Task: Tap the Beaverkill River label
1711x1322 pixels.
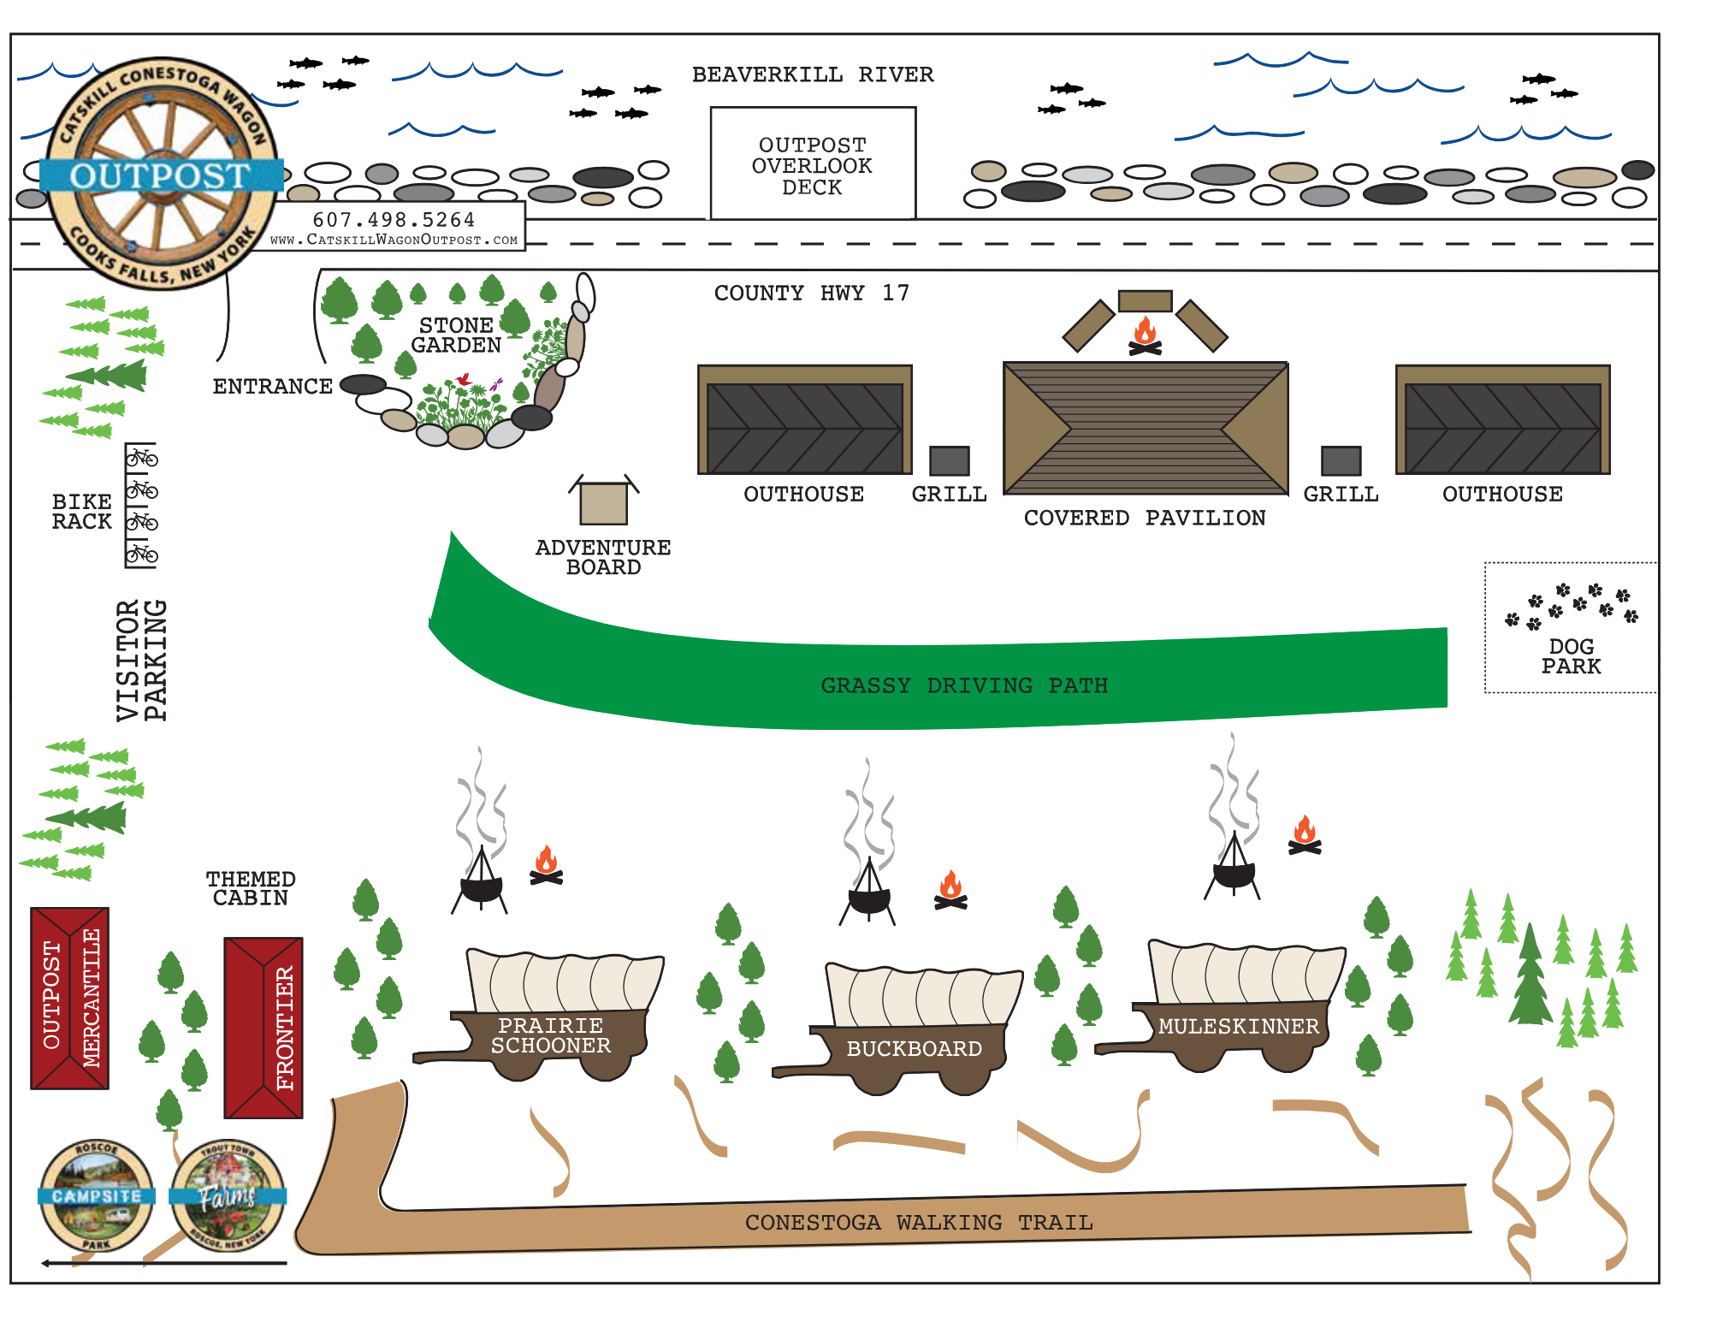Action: point(813,75)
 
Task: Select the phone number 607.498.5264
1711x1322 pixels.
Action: point(394,220)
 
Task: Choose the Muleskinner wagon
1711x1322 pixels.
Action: point(1236,1005)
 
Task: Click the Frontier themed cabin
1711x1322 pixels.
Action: point(263,1028)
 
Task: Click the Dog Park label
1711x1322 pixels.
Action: point(1571,656)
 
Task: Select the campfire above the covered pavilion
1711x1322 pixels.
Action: point(1145,335)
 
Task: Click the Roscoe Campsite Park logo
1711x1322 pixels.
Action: point(96,1195)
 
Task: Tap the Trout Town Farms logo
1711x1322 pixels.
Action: point(228,1195)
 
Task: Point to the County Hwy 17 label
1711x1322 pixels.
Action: point(811,293)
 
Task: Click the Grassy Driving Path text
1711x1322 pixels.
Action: point(964,685)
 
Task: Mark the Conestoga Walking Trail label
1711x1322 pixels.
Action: point(919,1223)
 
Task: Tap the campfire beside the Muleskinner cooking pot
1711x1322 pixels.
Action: point(1305,836)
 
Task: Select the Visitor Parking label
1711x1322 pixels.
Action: point(142,661)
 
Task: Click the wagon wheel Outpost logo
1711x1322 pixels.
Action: point(161,175)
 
